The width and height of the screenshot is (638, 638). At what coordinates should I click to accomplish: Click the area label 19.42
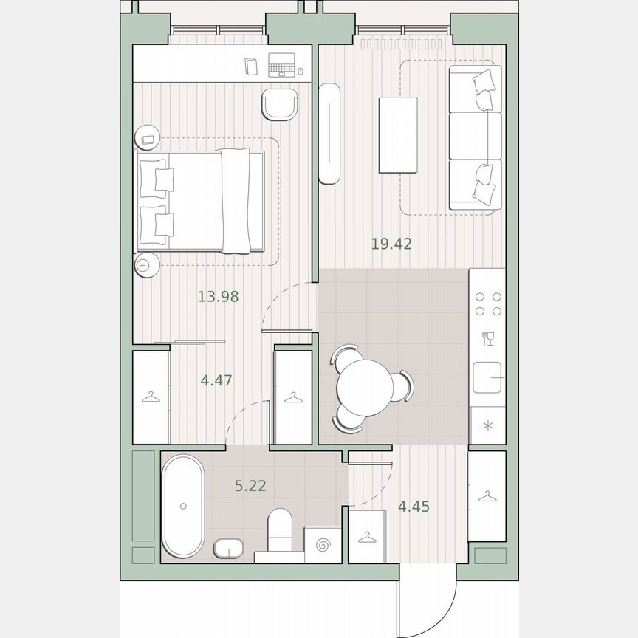[x=391, y=244]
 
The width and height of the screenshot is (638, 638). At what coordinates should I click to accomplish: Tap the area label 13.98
[x=218, y=297]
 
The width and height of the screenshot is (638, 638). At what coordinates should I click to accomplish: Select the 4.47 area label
[x=217, y=381]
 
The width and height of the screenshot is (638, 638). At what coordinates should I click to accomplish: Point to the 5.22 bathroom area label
[x=250, y=485]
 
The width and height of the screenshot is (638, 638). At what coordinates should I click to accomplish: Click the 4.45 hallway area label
[x=414, y=507]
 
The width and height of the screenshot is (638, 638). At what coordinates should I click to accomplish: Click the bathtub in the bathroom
[x=182, y=506]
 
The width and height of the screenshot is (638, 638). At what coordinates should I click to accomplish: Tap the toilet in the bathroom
[x=281, y=530]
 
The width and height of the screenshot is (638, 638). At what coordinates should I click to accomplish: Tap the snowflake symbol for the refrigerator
[x=487, y=425]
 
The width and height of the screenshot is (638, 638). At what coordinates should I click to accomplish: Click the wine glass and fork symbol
[x=487, y=339]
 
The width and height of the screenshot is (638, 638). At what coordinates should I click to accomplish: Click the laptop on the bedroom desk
[x=280, y=66]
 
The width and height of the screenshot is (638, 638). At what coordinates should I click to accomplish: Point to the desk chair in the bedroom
[x=280, y=106]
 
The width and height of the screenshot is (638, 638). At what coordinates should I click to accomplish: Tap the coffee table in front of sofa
[x=398, y=134]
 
